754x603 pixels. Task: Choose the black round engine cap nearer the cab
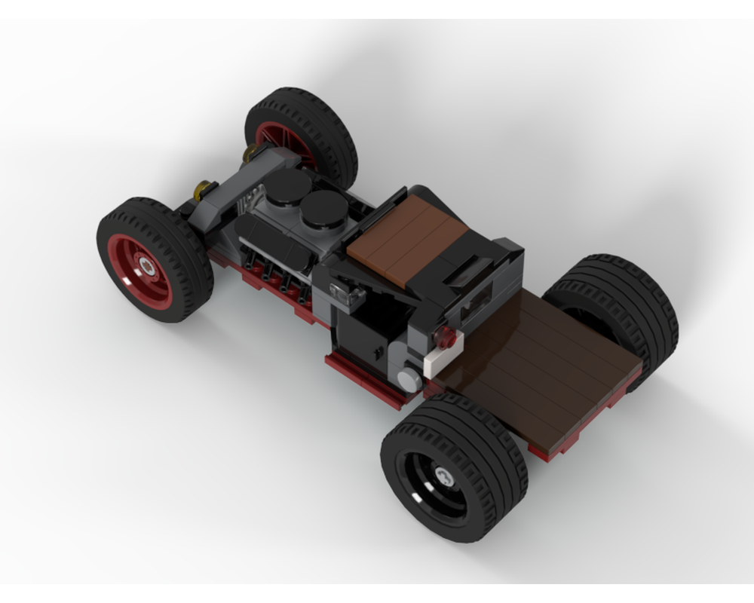(x=323, y=207)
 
